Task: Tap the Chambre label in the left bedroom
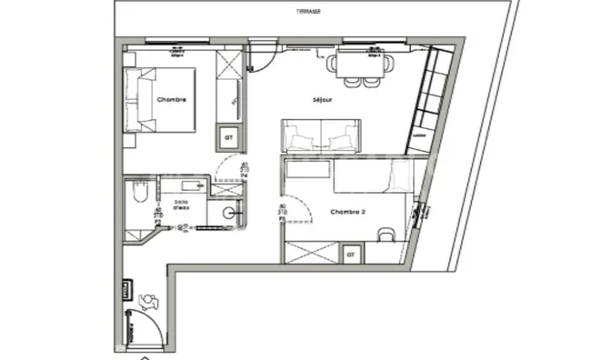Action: coord(171,99)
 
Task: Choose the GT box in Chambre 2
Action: coord(350,255)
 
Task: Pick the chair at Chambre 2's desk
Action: coord(387,235)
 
